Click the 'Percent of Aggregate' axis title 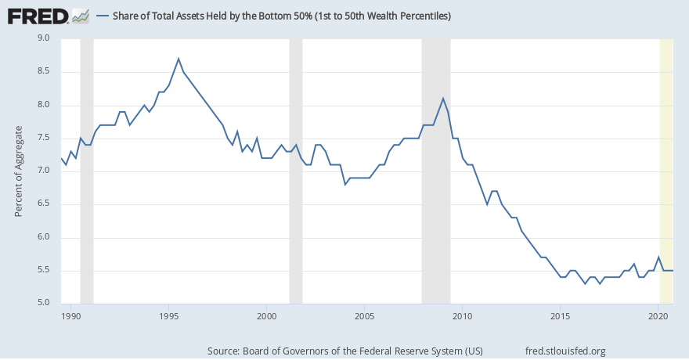[x=19, y=171]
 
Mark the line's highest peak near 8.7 [x=179, y=59]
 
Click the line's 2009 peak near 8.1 [x=443, y=98]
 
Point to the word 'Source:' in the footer [x=224, y=351]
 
